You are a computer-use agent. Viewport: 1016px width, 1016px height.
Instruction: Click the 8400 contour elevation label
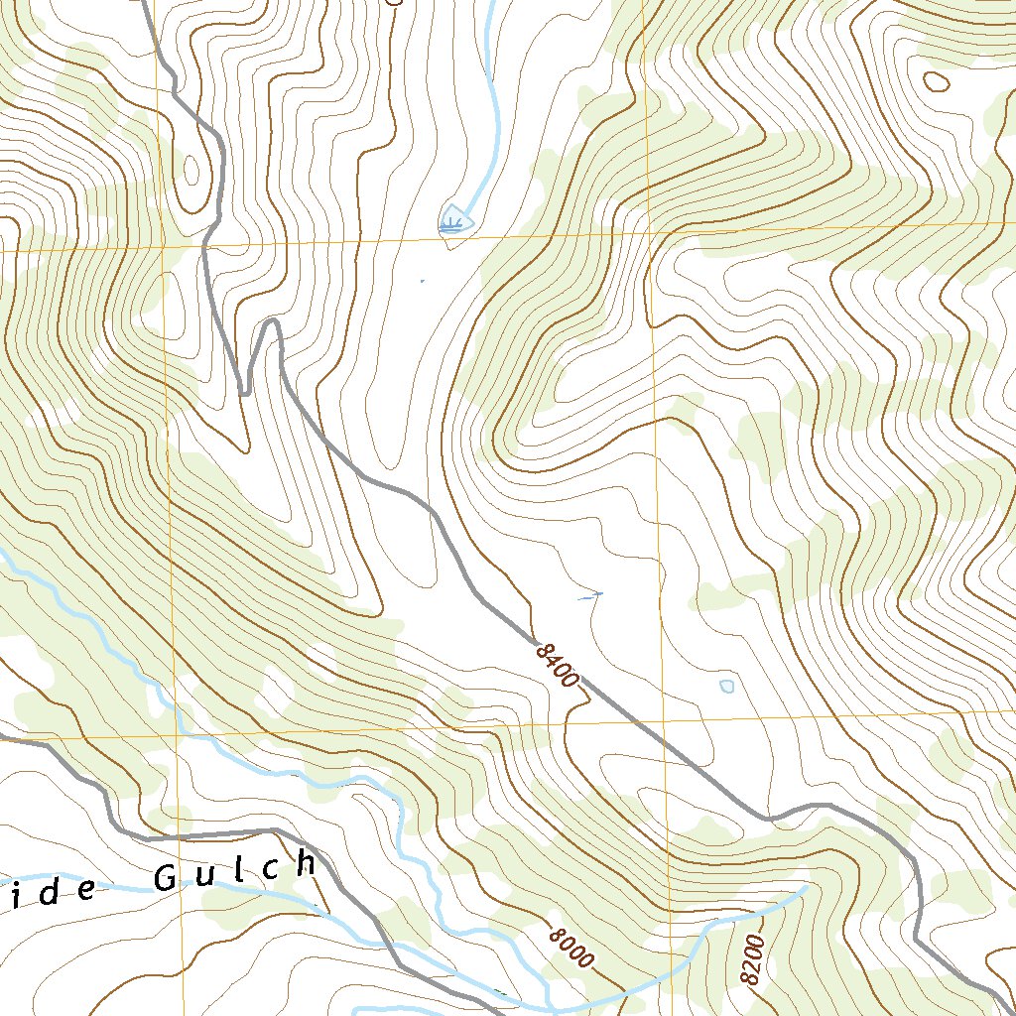point(556,665)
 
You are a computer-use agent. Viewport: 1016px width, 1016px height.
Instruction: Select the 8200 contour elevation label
point(753,960)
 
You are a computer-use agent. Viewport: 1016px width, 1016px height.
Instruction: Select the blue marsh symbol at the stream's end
point(453,220)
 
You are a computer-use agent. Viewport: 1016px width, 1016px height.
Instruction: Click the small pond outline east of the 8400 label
point(727,686)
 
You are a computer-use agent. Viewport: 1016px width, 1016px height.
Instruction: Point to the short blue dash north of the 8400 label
point(589,596)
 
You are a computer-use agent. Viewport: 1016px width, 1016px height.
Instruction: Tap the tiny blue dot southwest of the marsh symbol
point(422,282)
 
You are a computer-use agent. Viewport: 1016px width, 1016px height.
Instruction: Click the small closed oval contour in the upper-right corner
point(935,80)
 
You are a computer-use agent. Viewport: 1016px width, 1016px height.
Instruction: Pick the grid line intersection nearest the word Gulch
point(179,736)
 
